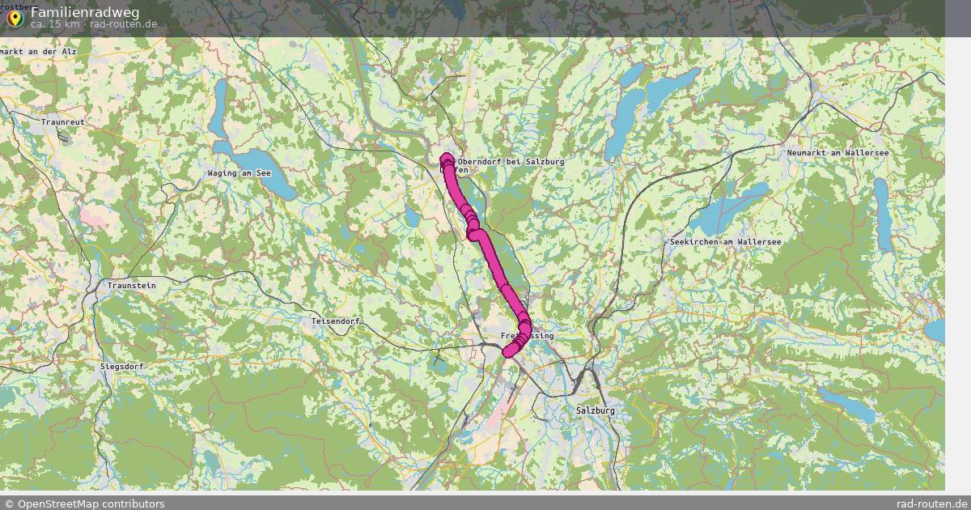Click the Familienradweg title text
pyautogui.click(x=85, y=12)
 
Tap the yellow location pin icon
pyautogui.click(x=15, y=16)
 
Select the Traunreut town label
pyautogui.click(x=63, y=122)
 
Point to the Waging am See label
pyautogui.click(x=239, y=173)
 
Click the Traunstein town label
pyautogui.click(x=132, y=286)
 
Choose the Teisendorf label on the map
pyautogui.click(x=335, y=321)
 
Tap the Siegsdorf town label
pyautogui.click(x=122, y=367)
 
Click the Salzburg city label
pyautogui.click(x=596, y=410)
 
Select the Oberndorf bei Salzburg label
pyautogui.click(x=511, y=162)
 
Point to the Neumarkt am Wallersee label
pyautogui.click(x=838, y=153)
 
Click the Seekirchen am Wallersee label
pyautogui.click(x=725, y=242)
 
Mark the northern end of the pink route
pyautogui.click(x=446, y=158)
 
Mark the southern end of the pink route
pyautogui.click(x=508, y=351)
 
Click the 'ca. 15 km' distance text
pyautogui.click(x=55, y=24)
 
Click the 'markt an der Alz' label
pyautogui.click(x=38, y=51)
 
